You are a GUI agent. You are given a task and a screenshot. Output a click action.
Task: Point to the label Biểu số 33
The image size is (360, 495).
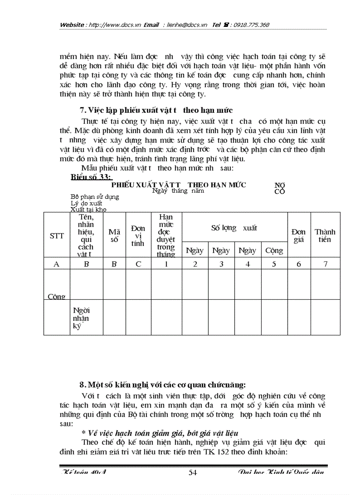click(x=91, y=177)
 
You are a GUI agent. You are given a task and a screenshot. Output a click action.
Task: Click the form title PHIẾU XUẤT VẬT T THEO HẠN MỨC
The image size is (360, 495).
click(x=179, y=185)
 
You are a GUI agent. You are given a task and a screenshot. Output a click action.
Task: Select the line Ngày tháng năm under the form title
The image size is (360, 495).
click(x=178, y=191)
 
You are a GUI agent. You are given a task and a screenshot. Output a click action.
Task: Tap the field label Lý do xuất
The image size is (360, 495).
click(x=86, y=203)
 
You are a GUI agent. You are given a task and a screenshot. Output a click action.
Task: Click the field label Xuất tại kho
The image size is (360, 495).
click(x=89, y=209)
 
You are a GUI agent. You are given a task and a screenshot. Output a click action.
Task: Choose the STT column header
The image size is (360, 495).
click(x=56, y=236)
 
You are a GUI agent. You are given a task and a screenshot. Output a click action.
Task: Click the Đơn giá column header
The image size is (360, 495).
click(x=299, y=236)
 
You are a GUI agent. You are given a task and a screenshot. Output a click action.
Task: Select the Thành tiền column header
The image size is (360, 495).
click(x=325, y=236)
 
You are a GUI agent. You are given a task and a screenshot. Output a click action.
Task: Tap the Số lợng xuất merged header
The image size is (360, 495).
click(x=234, y=228)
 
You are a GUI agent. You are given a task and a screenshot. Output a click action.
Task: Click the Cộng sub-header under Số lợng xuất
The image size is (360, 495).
click(x=274, y=250)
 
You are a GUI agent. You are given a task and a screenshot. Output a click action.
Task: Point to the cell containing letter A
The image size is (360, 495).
click(x=56, y=264)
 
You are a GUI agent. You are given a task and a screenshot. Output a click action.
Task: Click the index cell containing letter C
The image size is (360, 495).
click(x=139, y=264)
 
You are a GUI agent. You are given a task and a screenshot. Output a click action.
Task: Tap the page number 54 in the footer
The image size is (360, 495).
click(x=193, y=473)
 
